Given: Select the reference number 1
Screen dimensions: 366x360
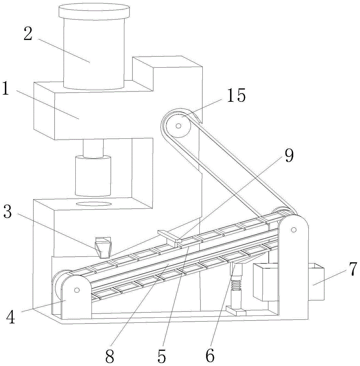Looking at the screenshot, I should [7, 89].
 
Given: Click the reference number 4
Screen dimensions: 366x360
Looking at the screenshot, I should [11, 317].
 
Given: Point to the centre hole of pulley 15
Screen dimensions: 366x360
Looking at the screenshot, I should [178, 126].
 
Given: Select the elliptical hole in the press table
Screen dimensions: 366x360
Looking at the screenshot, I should [94, 203].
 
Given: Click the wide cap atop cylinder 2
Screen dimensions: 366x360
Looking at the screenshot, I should [94, 11].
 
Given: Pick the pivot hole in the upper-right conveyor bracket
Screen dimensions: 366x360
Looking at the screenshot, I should [293, 230].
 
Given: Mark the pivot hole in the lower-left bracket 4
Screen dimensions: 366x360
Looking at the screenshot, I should [76, 290].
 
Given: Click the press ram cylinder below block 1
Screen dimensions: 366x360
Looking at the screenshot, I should [93, 175].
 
